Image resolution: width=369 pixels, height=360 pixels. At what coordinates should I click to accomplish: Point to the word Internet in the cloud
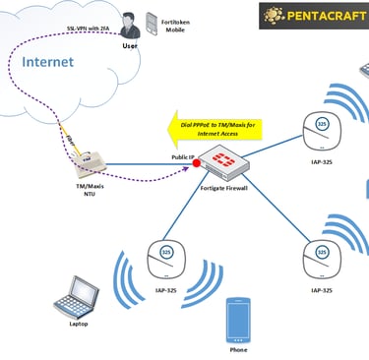coord(48,63)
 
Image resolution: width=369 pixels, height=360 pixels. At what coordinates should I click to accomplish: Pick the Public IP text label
coord(183,156)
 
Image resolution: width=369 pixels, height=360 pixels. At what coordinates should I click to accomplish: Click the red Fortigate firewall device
coord(223,160)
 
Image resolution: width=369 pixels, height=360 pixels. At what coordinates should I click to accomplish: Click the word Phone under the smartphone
coord(238,348)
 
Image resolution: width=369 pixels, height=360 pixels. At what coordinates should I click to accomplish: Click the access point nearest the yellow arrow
coord(321,126)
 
